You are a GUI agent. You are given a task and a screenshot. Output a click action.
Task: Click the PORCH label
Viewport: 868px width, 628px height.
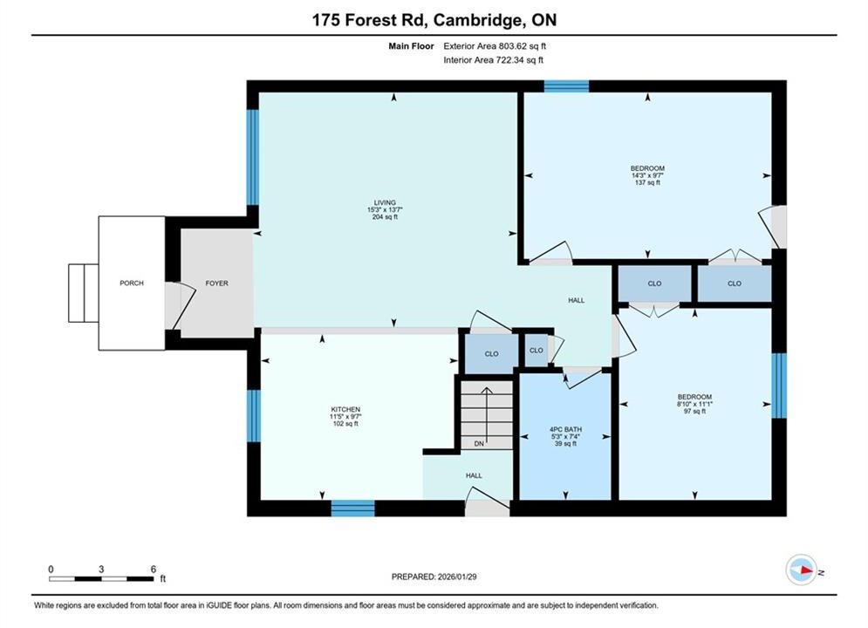point(132,283)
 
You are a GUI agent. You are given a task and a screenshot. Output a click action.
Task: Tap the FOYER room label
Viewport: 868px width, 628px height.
point(217,283)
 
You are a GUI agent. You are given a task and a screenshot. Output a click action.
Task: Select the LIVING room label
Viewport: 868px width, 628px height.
point(385,202)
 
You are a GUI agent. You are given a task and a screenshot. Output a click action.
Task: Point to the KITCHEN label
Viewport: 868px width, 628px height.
point(345,409)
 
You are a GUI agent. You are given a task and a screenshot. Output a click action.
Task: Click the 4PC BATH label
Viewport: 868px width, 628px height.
point(566,429)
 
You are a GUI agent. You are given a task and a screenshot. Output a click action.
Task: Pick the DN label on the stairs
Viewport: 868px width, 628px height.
point(480,444)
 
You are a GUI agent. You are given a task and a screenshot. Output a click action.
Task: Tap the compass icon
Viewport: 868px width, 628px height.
point(802,570)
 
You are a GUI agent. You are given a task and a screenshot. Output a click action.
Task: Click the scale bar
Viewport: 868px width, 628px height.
point(101,579)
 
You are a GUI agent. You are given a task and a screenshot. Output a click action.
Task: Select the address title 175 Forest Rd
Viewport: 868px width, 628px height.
point(369,20)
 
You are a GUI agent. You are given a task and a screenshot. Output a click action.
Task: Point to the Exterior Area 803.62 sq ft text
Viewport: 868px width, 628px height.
point(495,46)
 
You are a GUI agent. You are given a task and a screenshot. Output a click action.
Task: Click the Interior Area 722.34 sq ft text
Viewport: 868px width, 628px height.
point(493,60)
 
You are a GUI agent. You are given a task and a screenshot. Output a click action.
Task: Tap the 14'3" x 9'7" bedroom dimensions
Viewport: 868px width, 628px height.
point(647,175)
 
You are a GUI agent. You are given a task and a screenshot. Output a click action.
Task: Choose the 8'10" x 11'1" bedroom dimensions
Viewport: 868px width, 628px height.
point(694,404)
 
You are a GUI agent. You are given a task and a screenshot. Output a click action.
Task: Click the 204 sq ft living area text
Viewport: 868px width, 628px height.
point(385,217)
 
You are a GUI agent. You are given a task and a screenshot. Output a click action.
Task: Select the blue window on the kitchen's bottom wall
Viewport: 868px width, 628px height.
point(353,509)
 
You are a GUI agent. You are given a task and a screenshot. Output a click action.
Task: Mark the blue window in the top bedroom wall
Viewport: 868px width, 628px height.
point(566,86)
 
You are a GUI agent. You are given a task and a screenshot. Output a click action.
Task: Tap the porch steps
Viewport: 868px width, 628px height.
point(84,293)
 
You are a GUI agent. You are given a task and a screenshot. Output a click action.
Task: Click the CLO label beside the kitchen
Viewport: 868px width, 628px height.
point(491,353)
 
